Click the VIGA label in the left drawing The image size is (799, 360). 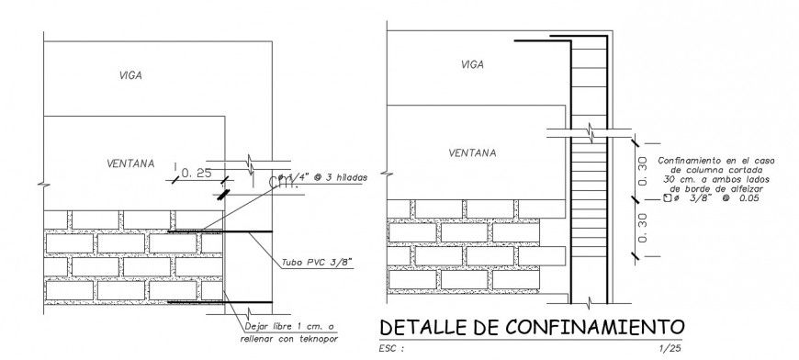point(130,75)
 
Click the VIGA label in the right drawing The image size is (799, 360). point(472,64)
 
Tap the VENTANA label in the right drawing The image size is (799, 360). point(473,153)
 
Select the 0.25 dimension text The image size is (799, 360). point(197,173)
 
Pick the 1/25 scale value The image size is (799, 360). point(671,349)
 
